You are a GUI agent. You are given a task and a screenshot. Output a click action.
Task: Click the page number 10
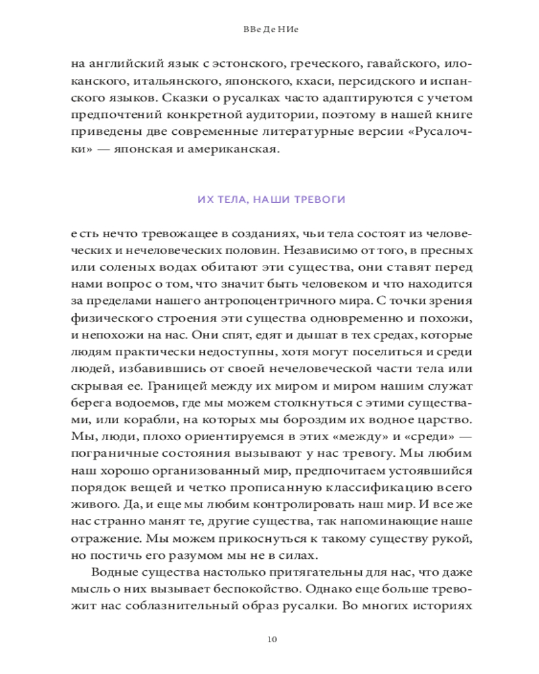(x=269, y=638)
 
